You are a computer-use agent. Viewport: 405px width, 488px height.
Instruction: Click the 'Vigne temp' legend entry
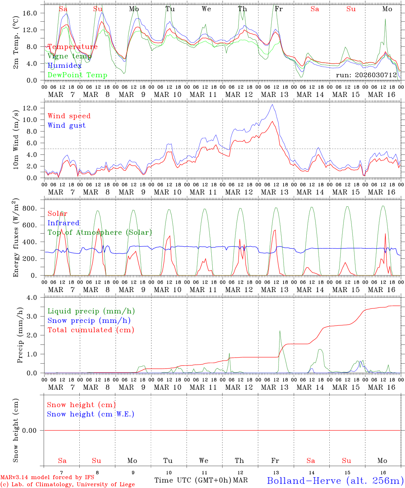(69, 56)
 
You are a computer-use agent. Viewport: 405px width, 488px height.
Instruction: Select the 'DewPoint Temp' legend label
(77, 75)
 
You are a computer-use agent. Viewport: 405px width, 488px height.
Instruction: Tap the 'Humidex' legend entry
(64, 66)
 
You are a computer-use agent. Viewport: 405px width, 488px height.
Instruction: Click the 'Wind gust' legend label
(66, 125)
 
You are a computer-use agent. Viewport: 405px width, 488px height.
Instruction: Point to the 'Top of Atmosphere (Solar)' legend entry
(99, 232)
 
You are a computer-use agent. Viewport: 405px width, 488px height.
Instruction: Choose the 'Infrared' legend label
(63, 223)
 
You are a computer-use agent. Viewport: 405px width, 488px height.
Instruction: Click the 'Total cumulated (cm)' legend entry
(91, 330)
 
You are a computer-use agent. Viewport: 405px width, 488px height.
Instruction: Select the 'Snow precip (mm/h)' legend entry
(89, 321)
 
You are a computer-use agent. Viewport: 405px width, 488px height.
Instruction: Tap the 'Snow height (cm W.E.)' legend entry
(91, 414)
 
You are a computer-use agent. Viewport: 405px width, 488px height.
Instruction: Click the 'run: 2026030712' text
(366, 75)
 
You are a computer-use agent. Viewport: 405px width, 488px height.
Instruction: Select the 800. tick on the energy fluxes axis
(30, 208)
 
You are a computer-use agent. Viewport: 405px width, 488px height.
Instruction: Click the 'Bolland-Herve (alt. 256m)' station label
(335, 480)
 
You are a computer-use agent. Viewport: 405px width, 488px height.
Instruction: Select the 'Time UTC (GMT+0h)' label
(193, 480)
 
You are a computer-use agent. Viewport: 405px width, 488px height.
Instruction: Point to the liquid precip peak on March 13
(280, 331)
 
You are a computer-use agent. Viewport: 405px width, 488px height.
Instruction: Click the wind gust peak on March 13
(272, 104)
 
